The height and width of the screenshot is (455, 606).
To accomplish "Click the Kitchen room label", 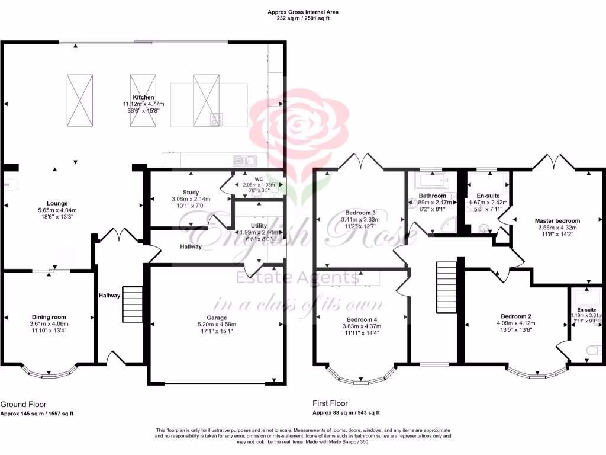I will coord(143,97).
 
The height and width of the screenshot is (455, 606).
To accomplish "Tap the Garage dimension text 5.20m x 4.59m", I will coord(216,325).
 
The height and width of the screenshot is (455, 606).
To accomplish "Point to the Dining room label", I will coord(49,316).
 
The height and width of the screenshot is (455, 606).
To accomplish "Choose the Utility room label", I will coord(259,226).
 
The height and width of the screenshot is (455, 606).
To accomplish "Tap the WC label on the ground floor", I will coord(258,178).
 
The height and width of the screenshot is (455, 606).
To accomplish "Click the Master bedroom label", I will coord(559,220).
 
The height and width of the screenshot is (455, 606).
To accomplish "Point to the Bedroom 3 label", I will coord(360,213).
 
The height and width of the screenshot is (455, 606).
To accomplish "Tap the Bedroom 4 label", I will coord(360,319).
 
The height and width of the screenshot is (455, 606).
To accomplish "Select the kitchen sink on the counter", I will coord(244,159).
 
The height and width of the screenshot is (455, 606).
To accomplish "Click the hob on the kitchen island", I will coord(216,119).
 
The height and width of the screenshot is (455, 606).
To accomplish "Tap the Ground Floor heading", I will coord(23,404).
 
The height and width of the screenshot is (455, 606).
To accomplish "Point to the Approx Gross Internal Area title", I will coord(302,12).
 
